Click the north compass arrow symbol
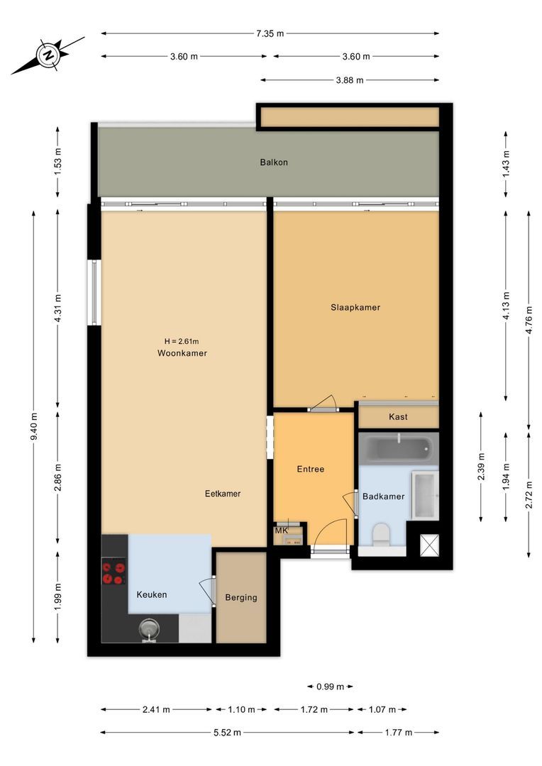(48, 55)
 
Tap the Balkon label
(273, 162)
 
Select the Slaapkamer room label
(355, 308)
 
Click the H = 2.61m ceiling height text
(182, 340)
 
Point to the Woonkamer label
(182, 353)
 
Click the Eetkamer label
(222, 494)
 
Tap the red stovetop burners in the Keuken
(114, 572)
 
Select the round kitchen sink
(149, 628)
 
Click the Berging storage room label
(240, 598)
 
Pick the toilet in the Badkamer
(381, 533)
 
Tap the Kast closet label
(398, 417)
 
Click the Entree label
(310, 469)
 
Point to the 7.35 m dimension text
(270, 33)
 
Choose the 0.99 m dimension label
(330, 687)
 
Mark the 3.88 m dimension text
(349, 80)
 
